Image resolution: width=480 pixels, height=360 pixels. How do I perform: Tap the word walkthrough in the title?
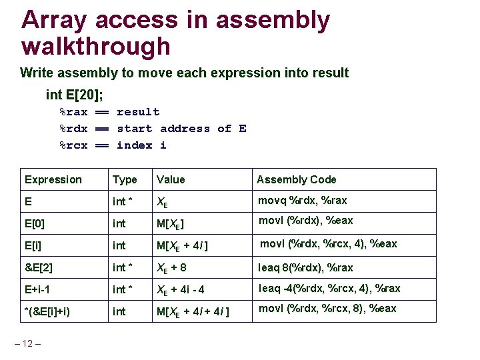(96, 47)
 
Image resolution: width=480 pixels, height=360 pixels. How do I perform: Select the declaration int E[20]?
(79, 95)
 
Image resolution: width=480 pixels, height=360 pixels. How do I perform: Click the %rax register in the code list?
(73, 112)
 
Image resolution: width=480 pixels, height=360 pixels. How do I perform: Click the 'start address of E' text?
(181, 129)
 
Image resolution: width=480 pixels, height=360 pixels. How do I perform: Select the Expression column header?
(53, 179)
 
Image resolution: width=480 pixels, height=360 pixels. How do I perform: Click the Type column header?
(125, 179)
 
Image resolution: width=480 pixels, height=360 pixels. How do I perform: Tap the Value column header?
(171, 179)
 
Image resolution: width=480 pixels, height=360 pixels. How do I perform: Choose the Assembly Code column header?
(296, 179)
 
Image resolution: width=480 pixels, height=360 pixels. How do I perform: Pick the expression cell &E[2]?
(39, 267)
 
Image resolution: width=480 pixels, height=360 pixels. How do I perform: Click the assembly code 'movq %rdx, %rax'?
(303, 200)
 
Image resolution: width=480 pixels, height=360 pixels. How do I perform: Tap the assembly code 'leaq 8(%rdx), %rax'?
(305, 267)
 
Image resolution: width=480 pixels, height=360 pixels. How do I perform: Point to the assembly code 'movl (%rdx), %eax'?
(305, 221)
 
